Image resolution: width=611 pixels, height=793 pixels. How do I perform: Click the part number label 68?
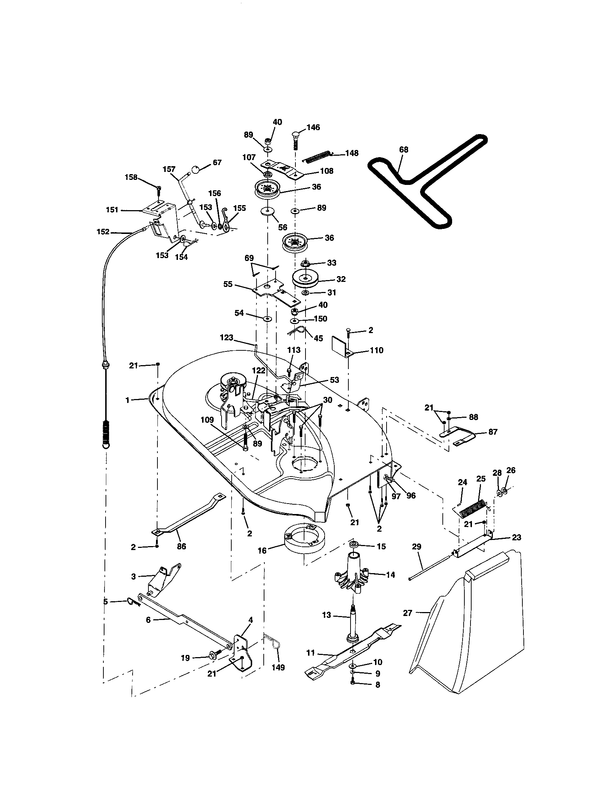pyautogui.click(x=403, y=150)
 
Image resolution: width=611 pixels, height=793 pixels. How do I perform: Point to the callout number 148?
pyautogui.click(x=352, y=153)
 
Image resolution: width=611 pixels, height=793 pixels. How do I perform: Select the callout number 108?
pyautogui.click(x=326, y=171)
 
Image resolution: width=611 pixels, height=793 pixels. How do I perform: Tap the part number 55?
pyautogui.click(x=227, y=284)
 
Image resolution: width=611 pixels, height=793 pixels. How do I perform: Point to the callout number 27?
pyautogui.click(x=407, y=613)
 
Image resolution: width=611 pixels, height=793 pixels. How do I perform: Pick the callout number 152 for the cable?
pyautogui.click(x=103, y=232)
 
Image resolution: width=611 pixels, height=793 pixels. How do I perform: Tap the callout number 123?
pyautogui.click(x=226, y=338)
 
